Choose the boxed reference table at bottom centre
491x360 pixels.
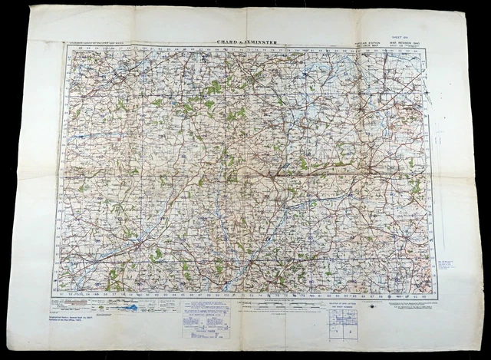[205, 321]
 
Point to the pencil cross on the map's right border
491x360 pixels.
[434, 96]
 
